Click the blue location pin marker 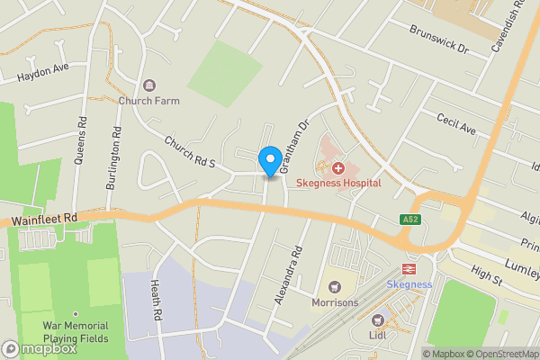tap(268, 160)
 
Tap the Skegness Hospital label tap(339, 183)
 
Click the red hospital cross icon tap(339, 167)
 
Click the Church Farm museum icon tap(149, 85)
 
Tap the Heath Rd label tap(156, 301)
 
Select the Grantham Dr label tap(293, 148)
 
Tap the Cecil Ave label tap(455, 124)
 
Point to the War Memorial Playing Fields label tap(76, 332)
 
